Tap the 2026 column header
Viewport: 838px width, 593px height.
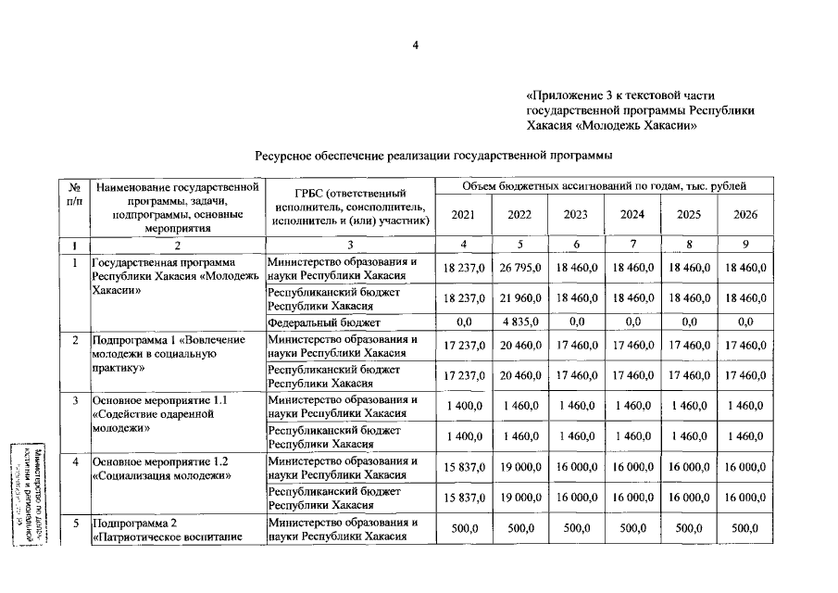point(744,215)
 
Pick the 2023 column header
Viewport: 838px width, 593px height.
point(576,215)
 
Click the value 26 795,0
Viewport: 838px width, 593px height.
point(519,268)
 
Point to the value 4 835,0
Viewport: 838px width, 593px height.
point(519,322)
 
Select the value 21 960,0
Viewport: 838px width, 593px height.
point(519,297)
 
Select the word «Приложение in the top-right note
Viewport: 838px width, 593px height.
point(560,95)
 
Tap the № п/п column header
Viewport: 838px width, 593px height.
point(74,194)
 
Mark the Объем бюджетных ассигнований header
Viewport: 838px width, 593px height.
point(604,187)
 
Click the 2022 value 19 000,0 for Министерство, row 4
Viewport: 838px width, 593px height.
point(519,468)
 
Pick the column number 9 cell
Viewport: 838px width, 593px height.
point(744,245)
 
